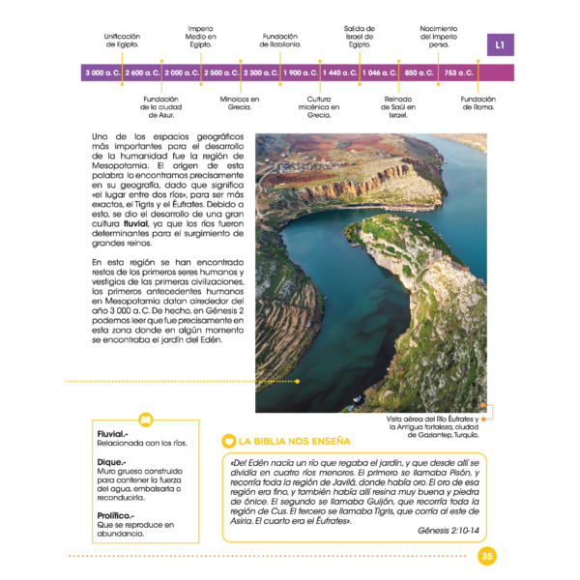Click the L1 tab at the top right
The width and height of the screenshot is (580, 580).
coord(500,44)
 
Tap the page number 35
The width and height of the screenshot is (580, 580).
coord(486,555)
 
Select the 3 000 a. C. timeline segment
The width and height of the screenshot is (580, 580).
coord(101,72)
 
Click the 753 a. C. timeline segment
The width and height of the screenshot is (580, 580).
coord(459,72)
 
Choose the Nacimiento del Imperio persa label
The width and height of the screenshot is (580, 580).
coord(438,36)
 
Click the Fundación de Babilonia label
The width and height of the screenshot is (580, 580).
coord(280,41)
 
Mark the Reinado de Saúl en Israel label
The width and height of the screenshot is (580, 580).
coord(398,106)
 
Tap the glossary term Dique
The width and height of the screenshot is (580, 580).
coord(110,462)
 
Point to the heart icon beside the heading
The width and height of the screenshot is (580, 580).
coord(228,441)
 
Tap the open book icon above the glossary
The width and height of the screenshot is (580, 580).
coord(146,420)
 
